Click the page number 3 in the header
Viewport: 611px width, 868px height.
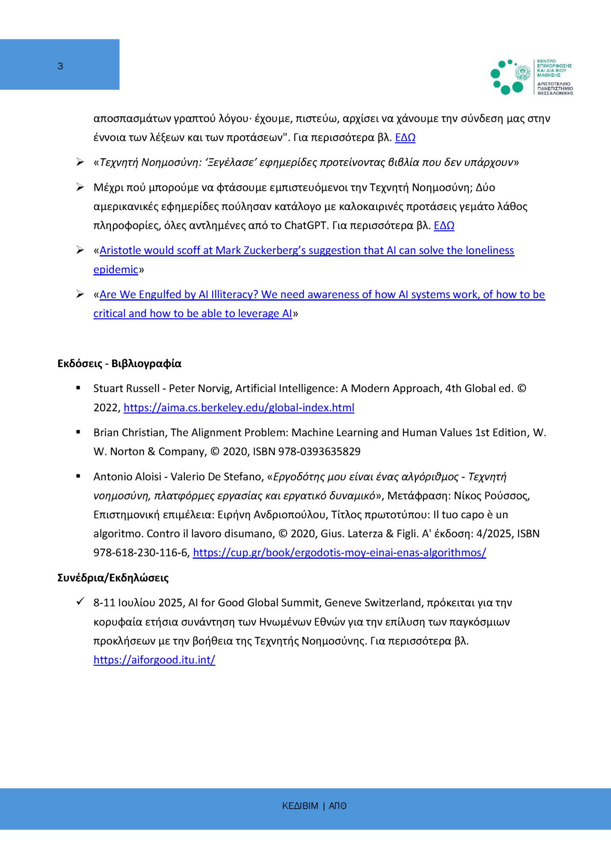[60, 66]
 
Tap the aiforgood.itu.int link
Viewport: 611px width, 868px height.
[154, 660]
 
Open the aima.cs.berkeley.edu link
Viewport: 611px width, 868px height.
[239, 407]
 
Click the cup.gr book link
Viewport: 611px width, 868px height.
[339, 553]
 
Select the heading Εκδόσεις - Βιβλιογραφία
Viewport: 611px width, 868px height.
[119, 363]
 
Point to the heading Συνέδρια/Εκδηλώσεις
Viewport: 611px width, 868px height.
[113, 578]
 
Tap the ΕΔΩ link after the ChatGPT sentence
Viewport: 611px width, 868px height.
[444, 226]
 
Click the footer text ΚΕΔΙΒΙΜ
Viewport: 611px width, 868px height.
[300, 806]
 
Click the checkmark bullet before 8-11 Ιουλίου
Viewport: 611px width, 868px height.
[80, 601]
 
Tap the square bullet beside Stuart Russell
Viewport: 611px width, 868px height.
[78, 388]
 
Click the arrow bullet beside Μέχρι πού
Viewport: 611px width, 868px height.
[80, 187]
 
